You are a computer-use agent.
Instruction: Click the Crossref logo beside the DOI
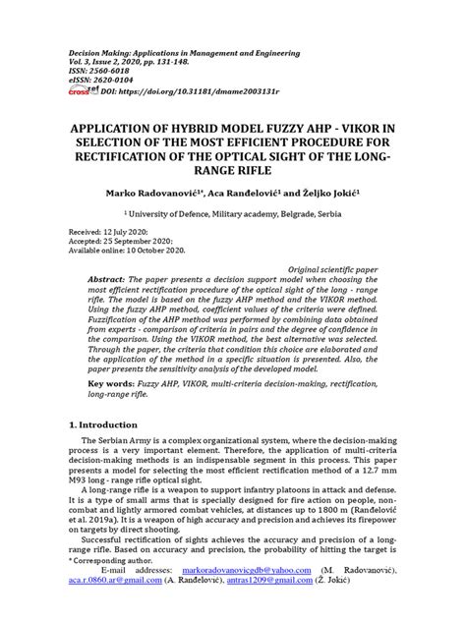click(78, 91)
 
